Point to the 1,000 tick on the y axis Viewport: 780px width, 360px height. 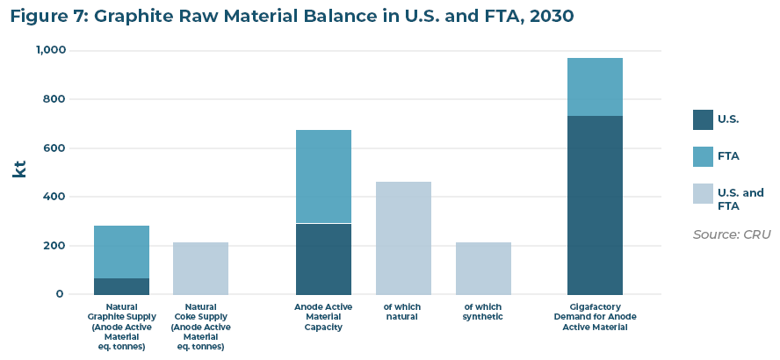coord(50,51)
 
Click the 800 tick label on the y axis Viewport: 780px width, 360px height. coord(54,99)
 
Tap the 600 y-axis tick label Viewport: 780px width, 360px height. coord(54,148)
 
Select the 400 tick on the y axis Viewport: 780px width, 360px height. coord(54,197)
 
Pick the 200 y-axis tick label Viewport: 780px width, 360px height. coord(54,246)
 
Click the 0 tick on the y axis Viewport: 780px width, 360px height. coord(60,294)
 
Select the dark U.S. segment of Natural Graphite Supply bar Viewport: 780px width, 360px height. coord(121,286)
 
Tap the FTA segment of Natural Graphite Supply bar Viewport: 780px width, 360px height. coord(121,252)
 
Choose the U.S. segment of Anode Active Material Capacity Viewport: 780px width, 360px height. coord(323,259)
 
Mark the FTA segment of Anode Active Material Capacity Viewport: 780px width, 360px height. coord(323,176)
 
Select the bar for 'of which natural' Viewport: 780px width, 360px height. coord(403,238)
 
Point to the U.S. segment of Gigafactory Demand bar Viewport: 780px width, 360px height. coord(595,205)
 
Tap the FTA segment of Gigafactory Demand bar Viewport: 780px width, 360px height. coord(595,87)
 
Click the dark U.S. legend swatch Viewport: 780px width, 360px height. coord(703,119)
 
